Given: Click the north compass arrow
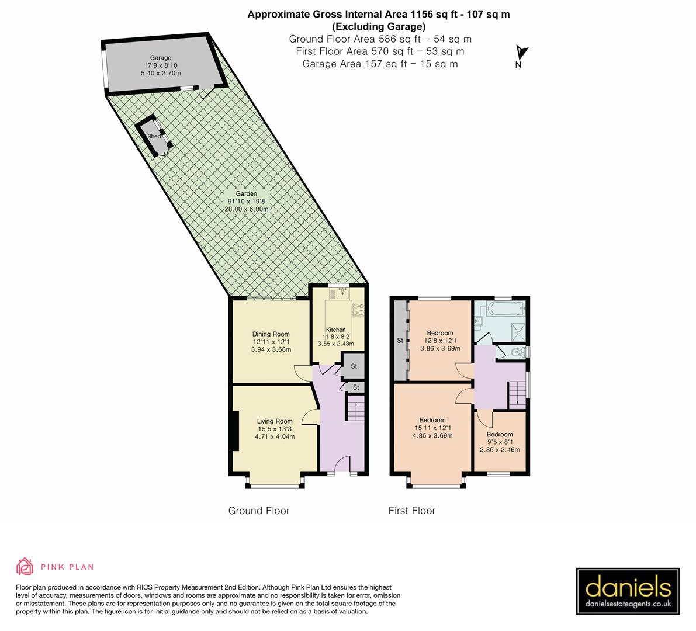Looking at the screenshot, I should (522, 53).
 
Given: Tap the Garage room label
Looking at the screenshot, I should (161, 58).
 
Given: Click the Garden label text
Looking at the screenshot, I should (246, 194).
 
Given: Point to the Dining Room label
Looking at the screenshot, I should (271, 334).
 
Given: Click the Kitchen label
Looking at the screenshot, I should (336, 330).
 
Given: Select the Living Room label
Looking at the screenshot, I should (275, 421).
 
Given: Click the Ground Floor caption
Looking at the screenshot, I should (259, 511).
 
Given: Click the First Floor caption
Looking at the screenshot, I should (412, 511).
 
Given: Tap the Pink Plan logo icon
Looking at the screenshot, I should (25, 566).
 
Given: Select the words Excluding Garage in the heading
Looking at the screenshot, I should (379, 26).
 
